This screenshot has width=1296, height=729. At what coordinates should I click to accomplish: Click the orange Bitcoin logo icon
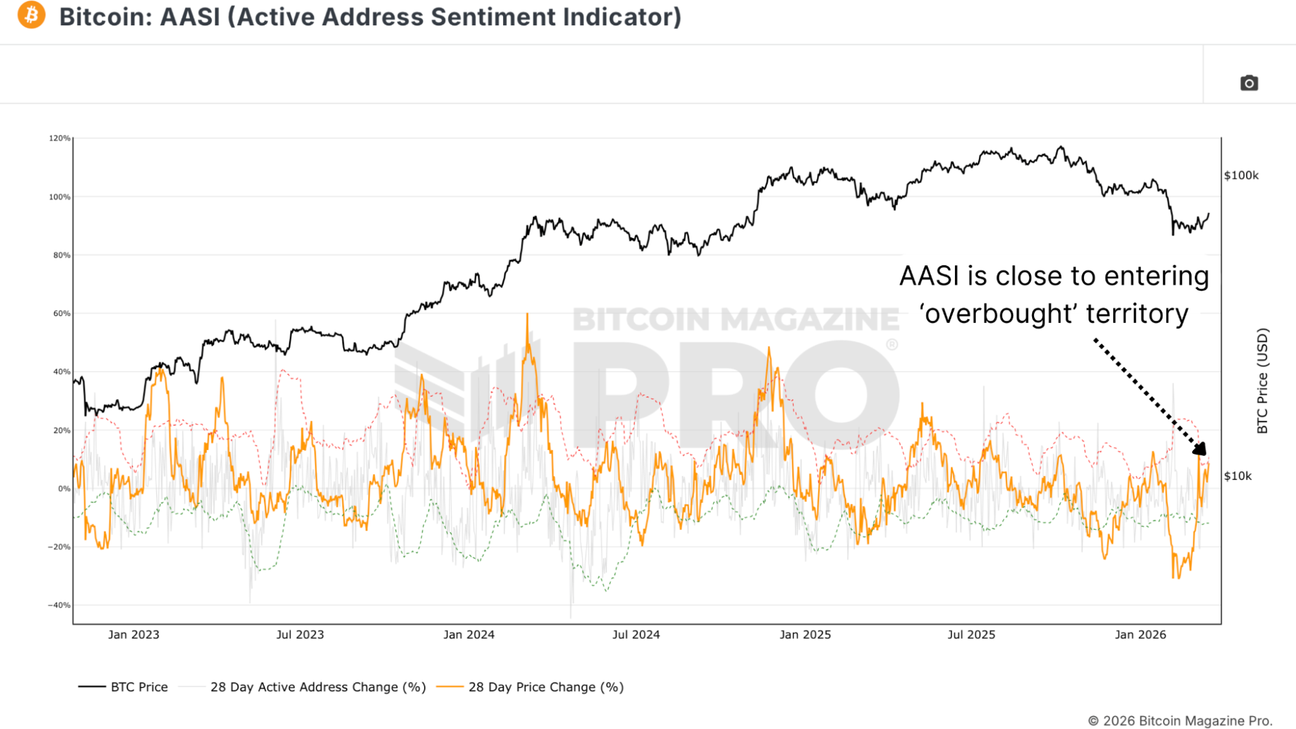click(x=31, y=15)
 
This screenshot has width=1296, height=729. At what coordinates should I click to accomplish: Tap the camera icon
click(x=1249, y=83)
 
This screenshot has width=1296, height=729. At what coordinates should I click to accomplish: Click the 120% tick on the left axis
click(x=60, y=138)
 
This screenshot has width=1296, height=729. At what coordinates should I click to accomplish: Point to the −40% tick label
click(x=58, y=605)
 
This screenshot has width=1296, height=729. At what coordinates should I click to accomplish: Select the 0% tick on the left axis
click(x=64, y=488)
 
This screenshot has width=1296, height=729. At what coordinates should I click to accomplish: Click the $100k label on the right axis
click(x=1241, y=175)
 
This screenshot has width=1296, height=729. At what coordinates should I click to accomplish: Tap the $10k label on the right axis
click(x=1238, y=476)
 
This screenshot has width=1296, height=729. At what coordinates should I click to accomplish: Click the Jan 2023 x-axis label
click(x=134, y=634)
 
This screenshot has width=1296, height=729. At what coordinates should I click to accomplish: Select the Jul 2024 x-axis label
click(x=636, y=634)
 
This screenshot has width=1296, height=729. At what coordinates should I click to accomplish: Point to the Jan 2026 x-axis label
click(x=1140, y=634)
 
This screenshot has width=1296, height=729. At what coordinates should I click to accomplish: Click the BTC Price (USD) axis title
click(x=1262, y=381)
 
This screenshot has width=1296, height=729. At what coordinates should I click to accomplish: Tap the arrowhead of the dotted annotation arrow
click(x=1200, y=448)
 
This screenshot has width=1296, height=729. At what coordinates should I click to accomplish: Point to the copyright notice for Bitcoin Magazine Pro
click(x=1180, y=721)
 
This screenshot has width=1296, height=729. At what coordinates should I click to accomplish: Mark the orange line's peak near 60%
click(x=527, y=316)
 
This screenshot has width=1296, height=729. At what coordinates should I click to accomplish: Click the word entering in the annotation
click(x=1157, y=277)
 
